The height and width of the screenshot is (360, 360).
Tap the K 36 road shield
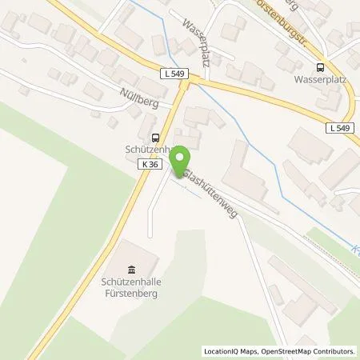146,163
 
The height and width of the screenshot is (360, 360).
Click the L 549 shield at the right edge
339,127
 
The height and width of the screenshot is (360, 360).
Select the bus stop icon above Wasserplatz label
321,68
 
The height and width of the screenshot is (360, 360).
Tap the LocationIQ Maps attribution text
230,350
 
